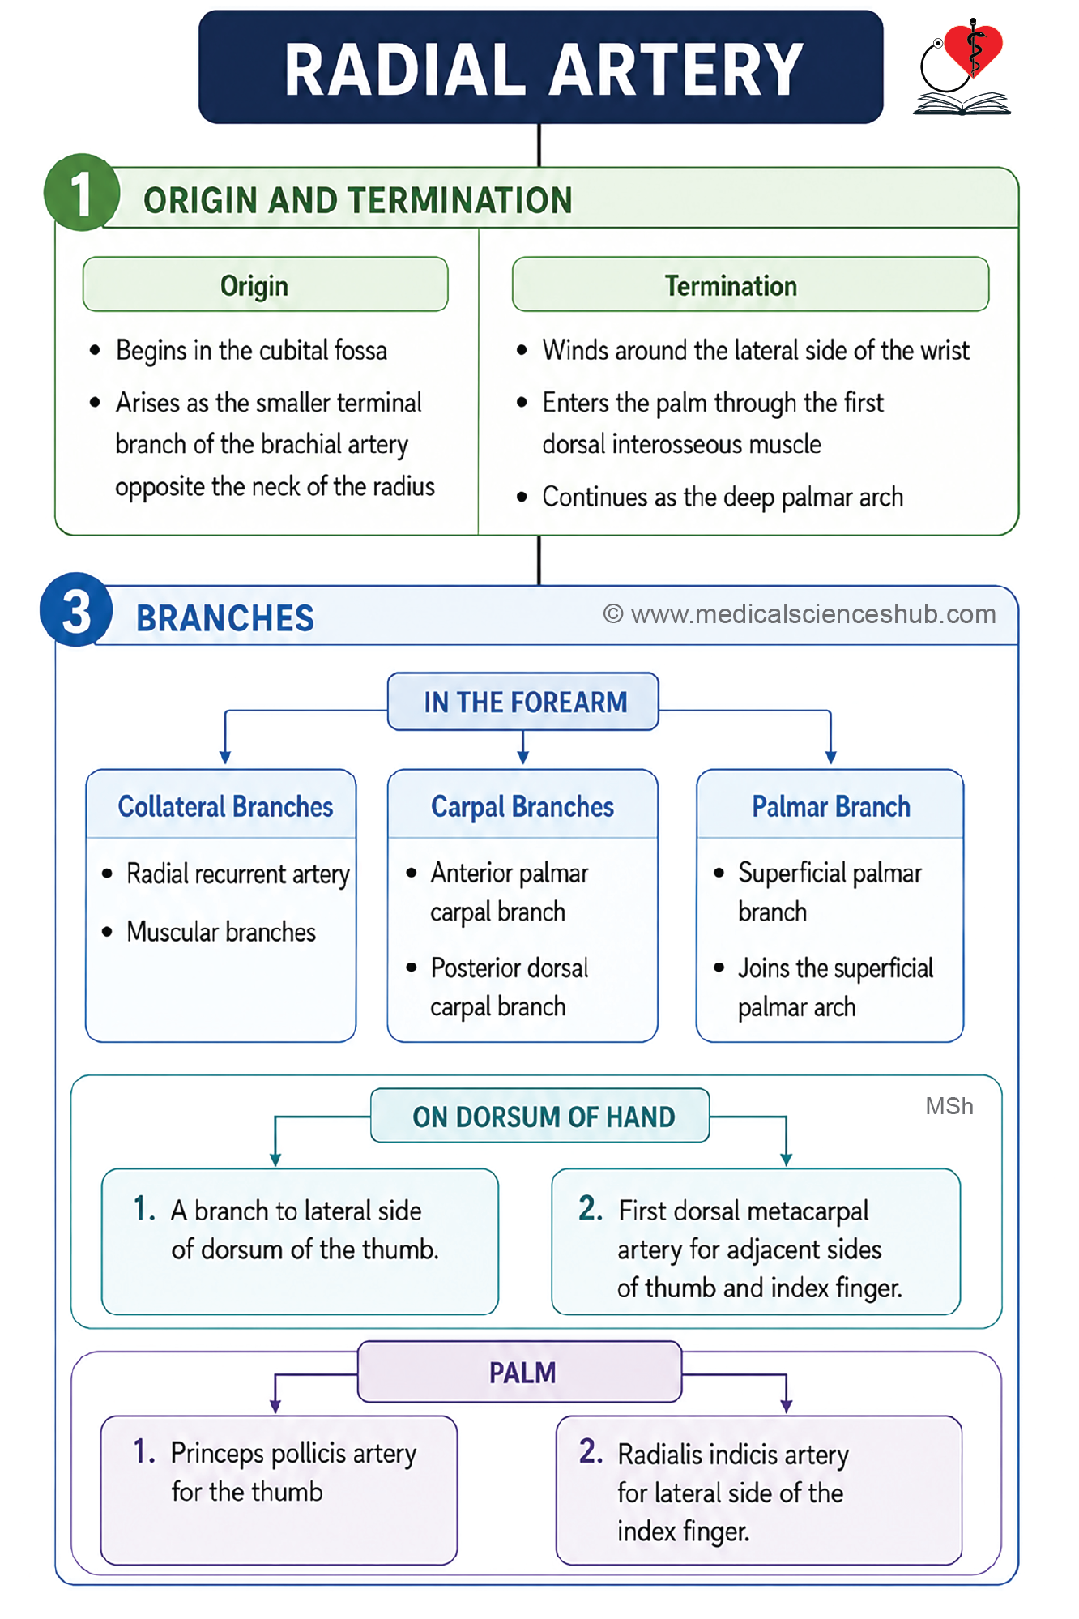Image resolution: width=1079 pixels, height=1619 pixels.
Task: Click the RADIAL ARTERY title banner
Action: coord(540,67)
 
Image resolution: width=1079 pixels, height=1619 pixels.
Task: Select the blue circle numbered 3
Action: coord(77,609)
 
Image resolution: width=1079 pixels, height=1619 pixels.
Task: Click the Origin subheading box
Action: coord(265,284)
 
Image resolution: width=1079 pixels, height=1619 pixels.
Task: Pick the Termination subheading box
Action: coord(750,284)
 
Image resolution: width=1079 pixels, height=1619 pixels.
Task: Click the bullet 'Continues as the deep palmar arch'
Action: coord(723,497)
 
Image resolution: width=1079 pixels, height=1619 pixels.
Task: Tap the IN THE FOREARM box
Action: coord(523,702)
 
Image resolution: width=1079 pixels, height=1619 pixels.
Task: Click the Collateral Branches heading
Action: coord(225,806)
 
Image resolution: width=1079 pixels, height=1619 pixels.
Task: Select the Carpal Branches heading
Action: coord(522,807)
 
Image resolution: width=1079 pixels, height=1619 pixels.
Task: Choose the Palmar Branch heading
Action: coord(831,807)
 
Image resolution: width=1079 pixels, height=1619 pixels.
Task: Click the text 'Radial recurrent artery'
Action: coord(238,874)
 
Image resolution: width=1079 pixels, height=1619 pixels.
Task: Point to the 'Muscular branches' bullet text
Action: coord(221,932)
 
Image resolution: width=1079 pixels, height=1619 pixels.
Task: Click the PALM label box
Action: coord(520,1372)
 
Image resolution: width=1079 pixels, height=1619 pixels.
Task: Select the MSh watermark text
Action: coord(949,1106)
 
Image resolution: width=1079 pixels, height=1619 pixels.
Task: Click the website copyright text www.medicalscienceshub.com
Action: coord(800,614)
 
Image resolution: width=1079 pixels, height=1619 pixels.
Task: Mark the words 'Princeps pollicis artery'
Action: coord(293,1454)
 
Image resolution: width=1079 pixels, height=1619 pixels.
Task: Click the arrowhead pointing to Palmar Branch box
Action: coord(830,758)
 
